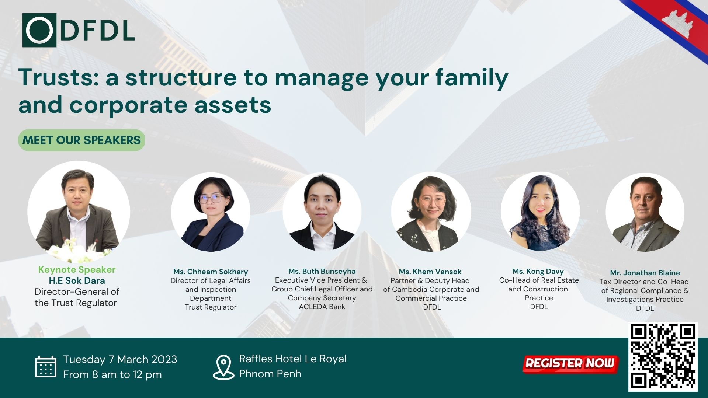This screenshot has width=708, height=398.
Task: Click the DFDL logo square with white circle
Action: [39, 30]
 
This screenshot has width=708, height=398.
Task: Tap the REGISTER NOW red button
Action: [570, 363]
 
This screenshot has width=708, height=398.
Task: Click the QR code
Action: [663, 357]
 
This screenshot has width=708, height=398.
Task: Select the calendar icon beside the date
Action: [46, 367]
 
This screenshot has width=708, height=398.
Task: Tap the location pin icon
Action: [223, 367]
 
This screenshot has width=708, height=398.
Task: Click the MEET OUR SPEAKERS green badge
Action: [81, 140]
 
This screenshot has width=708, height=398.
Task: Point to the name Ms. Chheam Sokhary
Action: [211, 272]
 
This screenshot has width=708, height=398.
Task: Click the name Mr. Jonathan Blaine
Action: [645, 273]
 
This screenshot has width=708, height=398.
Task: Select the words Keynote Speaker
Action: [77, 269]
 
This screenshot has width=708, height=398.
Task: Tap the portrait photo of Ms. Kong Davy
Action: [540, 212]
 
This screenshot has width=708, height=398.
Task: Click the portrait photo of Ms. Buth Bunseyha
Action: [322, 212]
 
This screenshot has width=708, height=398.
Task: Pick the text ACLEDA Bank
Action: [322, 307]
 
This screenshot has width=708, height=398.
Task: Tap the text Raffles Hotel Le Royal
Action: [292, 359]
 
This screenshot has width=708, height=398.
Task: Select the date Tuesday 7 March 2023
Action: [120, 359]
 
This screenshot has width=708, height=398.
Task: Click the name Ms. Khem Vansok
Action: [430, 272]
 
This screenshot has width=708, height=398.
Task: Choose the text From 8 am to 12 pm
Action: [112, 374]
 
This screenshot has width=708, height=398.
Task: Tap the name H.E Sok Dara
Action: [77, 280]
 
